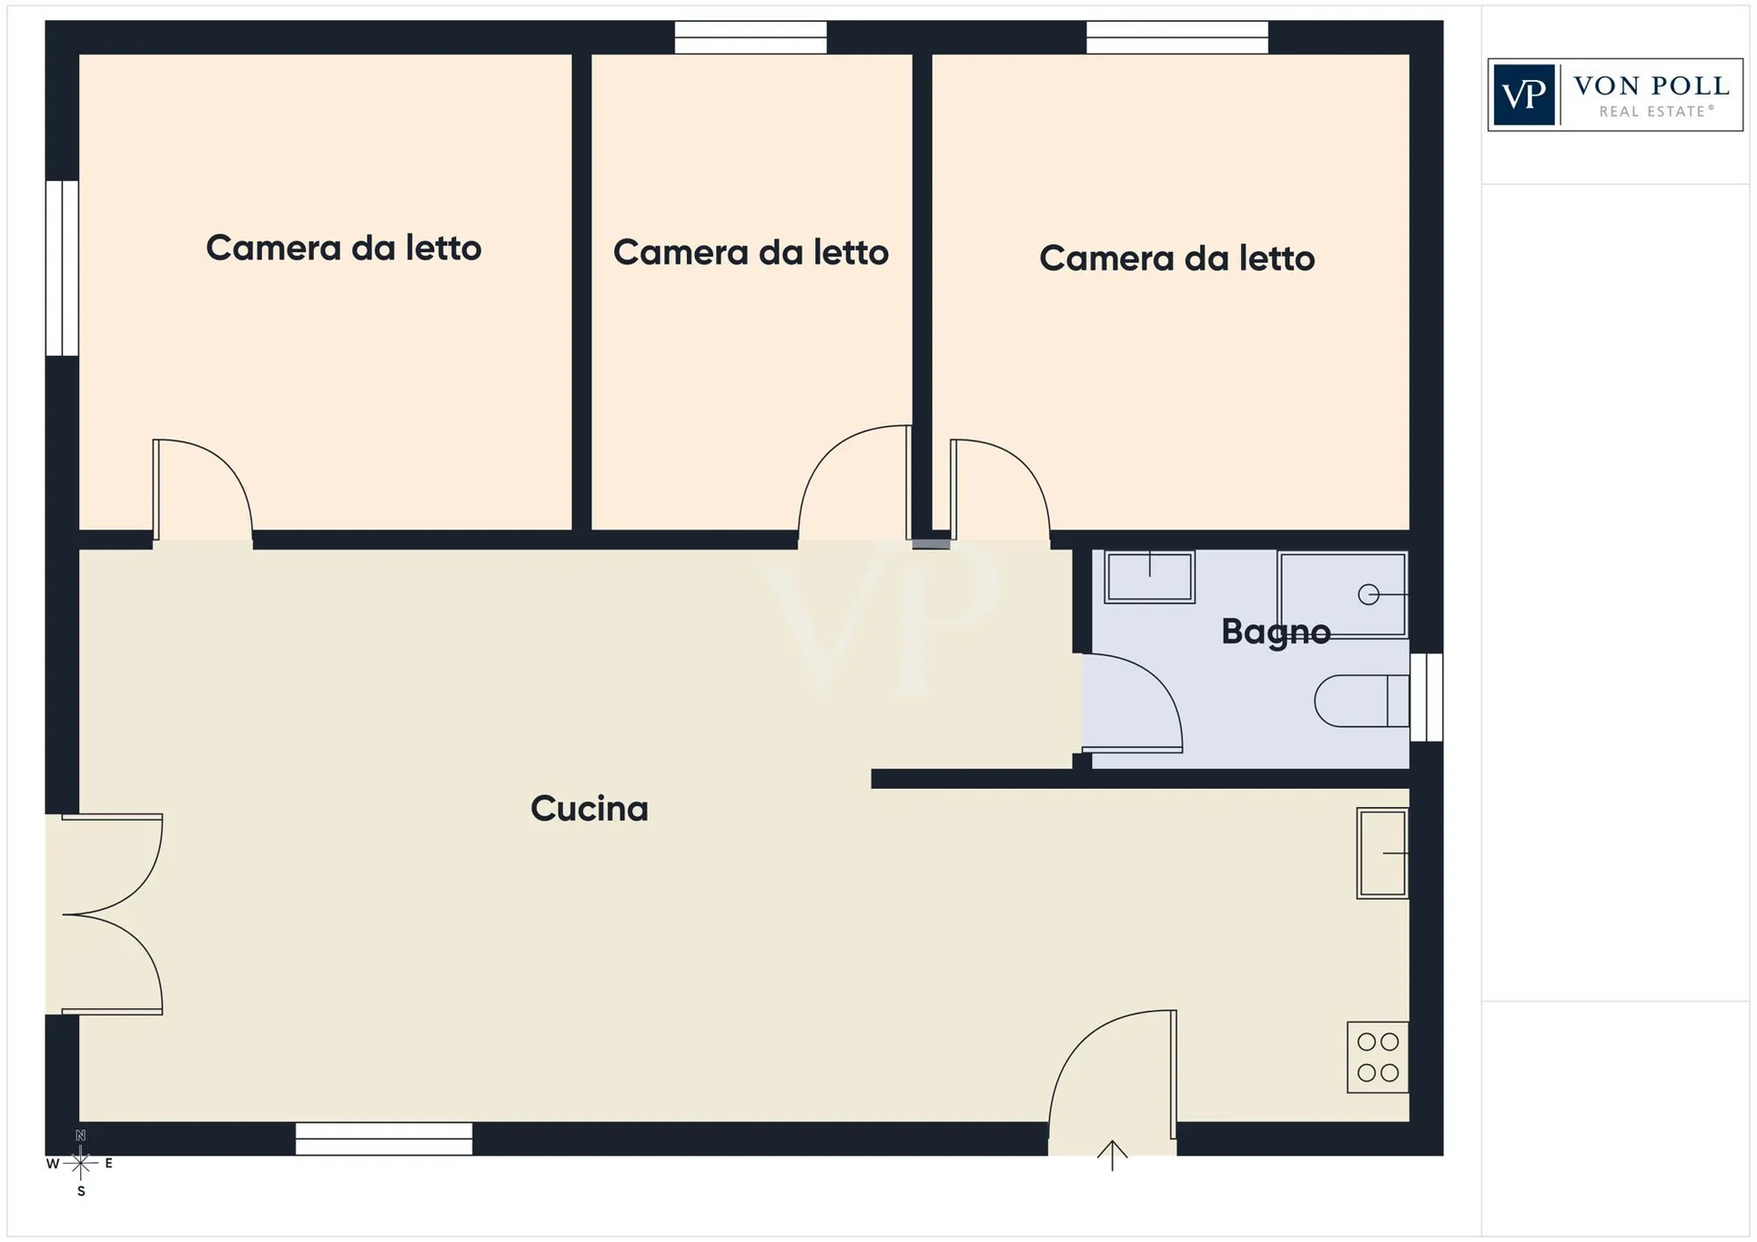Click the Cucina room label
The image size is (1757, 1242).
590,809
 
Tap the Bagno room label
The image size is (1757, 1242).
1276,631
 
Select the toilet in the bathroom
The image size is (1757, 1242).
1362,701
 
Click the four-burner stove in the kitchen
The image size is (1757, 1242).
1378,1057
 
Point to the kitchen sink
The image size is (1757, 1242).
1382,853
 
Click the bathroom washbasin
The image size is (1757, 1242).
1149,577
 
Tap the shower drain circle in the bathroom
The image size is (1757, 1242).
1368,595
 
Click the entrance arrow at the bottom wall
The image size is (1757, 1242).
1112,1156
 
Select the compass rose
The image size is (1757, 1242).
81,1163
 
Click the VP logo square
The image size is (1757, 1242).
1524,95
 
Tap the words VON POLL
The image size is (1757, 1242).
1651,86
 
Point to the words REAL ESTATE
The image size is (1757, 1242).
1656,112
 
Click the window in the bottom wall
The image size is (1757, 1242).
384,1139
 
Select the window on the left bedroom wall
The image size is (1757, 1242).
62,268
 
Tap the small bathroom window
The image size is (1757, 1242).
1427,698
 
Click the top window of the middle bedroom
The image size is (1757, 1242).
751,37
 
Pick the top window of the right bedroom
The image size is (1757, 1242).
1177,37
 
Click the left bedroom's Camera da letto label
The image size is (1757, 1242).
343,248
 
